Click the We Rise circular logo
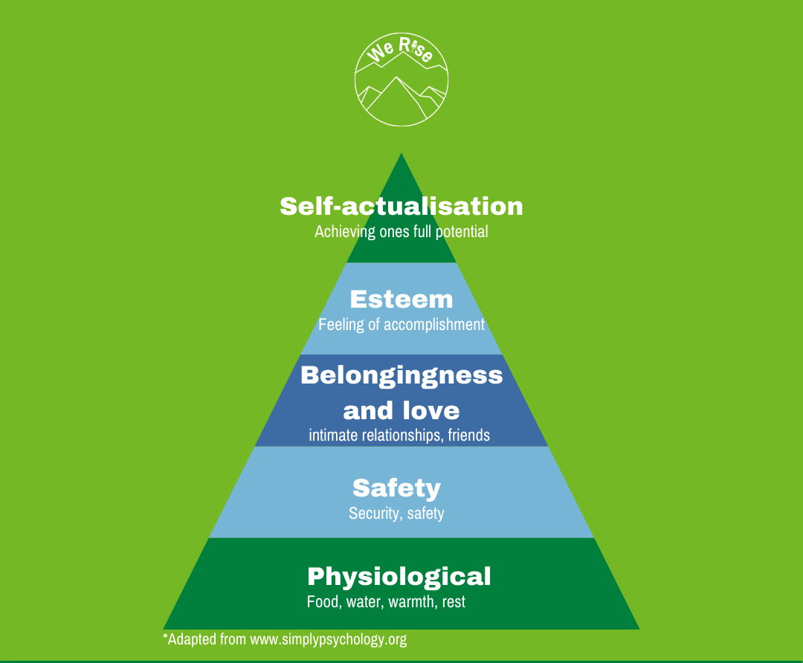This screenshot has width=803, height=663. tap(401, 81)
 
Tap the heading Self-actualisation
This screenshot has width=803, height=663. tap(401, 206)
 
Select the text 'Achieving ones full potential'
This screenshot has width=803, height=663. tap(401, 231)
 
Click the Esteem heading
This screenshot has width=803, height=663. tap(401, 299)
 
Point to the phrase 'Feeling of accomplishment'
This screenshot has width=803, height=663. tap(401, 325)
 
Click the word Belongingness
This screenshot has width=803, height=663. tap(401, 375)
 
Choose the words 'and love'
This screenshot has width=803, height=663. tap(401, 410)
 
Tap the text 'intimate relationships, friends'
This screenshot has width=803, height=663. tap(399, 435)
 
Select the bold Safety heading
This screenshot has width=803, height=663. tap(396, 488)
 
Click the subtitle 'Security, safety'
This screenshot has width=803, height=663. tap(396, 513)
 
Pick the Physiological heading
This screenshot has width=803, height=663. tap(399, 576)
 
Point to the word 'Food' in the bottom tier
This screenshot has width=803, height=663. tap(323, 601)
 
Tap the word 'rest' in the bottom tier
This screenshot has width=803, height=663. tap(454, 601)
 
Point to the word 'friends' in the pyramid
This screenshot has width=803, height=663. tap(468, 435)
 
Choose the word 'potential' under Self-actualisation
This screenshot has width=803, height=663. tap(461, 231)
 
